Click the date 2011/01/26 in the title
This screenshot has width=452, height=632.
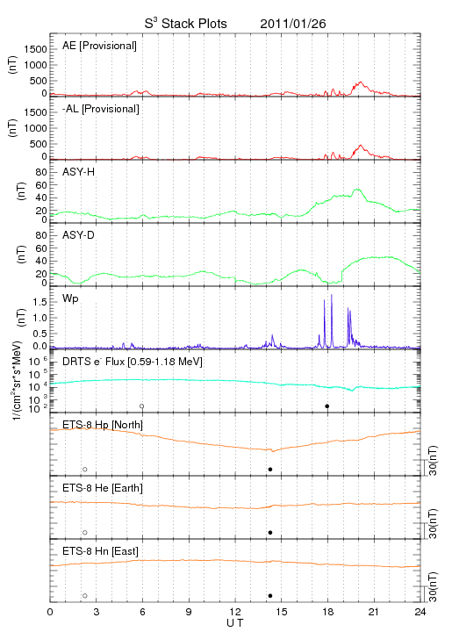click(x=293, y=24)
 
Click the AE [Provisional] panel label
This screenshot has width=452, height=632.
click(x=99, y=46)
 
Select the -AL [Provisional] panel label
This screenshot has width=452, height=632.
click(x=101, y=109)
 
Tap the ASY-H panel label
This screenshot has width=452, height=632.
click(x=79, y=172)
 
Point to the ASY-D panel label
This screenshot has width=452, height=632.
click(x=79, y=235)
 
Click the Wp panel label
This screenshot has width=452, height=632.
click(x=70, y=298)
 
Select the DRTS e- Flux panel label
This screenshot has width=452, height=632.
click(x=133, y=362)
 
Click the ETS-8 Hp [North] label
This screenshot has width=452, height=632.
click(x=103, y=425)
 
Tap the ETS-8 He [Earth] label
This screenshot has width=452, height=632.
click(x=103, y=488)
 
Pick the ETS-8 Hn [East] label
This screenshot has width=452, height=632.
click(x=100, y=551)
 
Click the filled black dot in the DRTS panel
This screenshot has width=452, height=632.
click(x=327, y=406)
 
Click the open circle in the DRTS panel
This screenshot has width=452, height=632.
click(x=142, y=406)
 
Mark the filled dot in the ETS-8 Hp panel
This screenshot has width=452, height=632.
click(x=270, y=469)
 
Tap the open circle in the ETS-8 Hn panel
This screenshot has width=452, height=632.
click(x=85, y=596)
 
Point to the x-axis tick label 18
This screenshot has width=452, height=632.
click(x=328, y=612)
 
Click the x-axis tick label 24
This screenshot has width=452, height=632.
click(x=420, y=612)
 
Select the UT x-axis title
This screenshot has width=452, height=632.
click(x=235, y=623)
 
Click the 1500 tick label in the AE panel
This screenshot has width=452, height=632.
click(x=35, y=49)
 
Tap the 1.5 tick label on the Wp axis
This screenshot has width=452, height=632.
click(x=39, y=302)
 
